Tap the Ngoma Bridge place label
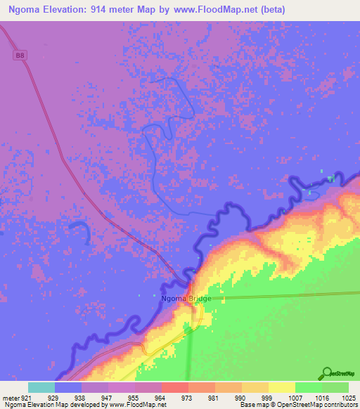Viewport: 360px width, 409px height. pos(186,299)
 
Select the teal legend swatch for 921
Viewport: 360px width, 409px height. pos(41,387)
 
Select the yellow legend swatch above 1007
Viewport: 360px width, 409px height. pos(282,387)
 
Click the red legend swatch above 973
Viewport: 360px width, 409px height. pos(175,387)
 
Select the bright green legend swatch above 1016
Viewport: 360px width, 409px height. pos(309,387)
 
